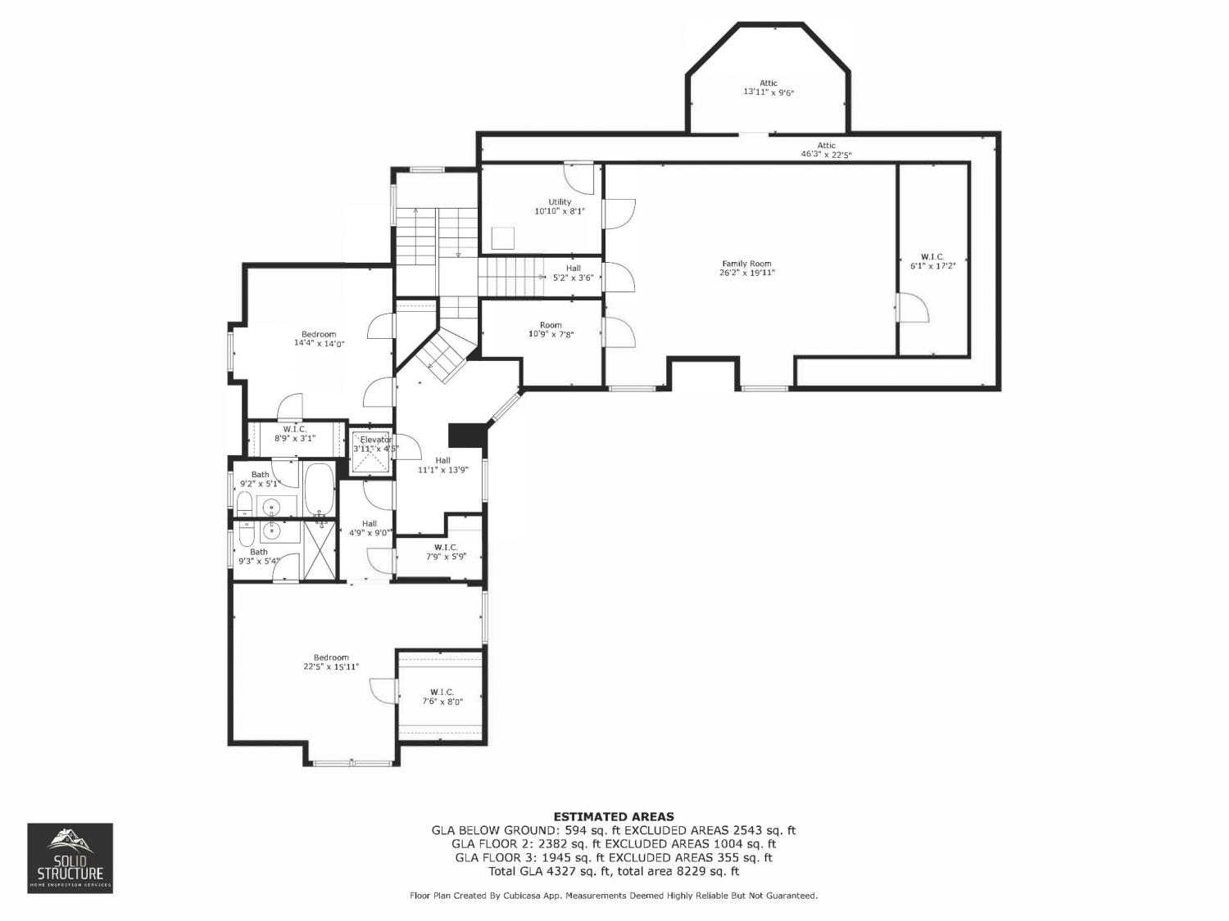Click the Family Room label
click(746, 264)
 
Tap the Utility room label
click(560, 202)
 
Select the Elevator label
click(376, 440)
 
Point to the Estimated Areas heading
click(614, 816)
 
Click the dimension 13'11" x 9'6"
click(769, 93)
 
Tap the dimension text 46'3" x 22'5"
click(826, 155)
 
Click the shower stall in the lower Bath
click(320, 550)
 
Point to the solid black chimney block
click(465, 436)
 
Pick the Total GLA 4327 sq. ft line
click(614, 871)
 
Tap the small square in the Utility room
click(503, 238)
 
